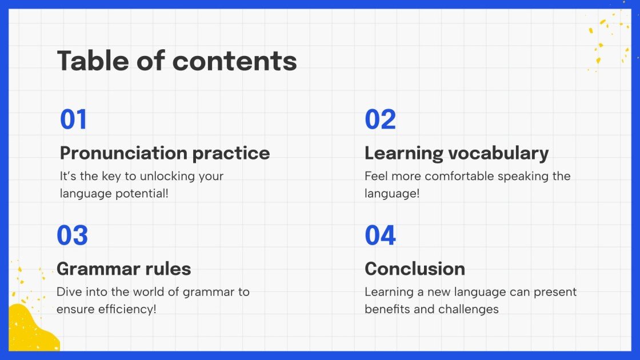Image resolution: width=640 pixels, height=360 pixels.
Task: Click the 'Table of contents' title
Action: [177, 61]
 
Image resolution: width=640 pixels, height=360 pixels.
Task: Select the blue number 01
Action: [74, 119]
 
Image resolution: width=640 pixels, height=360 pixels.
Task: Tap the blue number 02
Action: [380, 119]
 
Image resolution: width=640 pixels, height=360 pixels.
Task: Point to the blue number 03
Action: [72, 235]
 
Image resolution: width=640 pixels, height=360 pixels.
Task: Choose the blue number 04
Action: [380, 235]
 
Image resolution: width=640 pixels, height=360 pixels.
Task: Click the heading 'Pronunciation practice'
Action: [165, 154]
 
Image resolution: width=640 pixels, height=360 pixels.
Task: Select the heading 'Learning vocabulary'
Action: [457, 154]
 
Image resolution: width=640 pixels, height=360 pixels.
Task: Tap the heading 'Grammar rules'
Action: [123, 269]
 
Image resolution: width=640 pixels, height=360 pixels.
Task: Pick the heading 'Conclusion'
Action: [415, 269]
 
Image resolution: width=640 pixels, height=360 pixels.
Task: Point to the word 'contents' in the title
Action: [235, 61]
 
